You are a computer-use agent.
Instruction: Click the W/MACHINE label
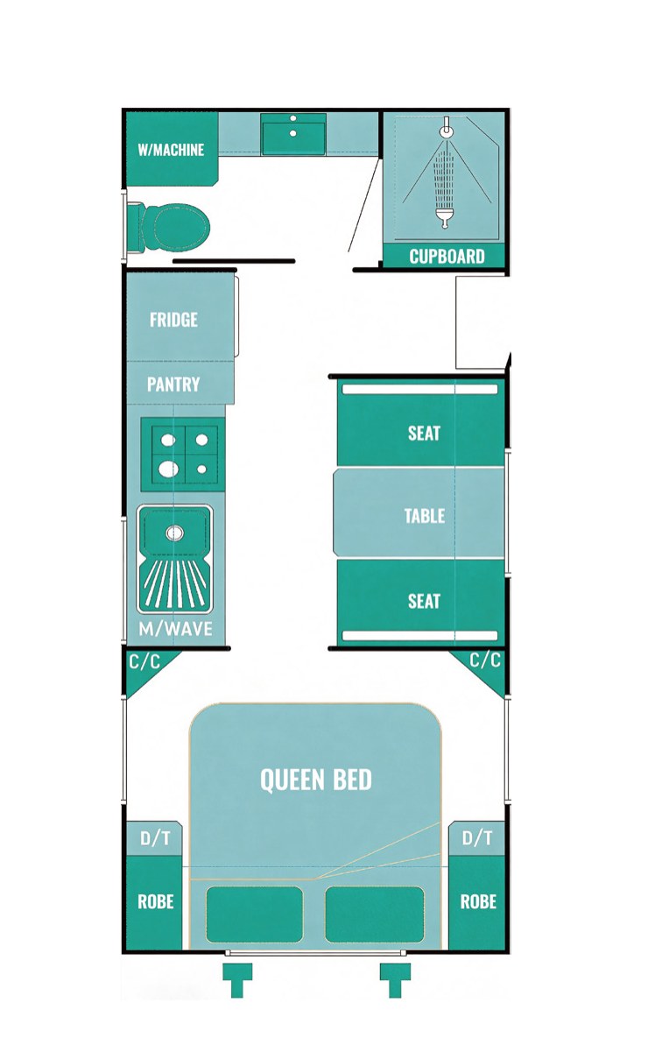[171, 150]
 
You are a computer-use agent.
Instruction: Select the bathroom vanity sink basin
[293, 134]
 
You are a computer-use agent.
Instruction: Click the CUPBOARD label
[447, 257]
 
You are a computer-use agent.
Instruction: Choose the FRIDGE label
[174, 320]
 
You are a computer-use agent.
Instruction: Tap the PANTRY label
[173, 385]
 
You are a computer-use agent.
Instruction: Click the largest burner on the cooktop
[168, 469]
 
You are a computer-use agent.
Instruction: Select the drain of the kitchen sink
[175, 533]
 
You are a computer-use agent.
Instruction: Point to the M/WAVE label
[176, 629]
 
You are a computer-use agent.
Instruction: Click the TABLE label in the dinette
[425, 515]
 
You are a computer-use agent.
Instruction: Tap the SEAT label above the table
[424, 433]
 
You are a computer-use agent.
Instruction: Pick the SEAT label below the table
[424, 602]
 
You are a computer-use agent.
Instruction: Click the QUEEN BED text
[316, 780]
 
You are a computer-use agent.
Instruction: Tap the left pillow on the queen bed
[255, 914]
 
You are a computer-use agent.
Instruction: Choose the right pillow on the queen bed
[375, 914]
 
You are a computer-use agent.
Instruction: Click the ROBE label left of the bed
[156, 901]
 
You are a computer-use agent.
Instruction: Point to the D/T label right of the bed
[477, 838]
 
